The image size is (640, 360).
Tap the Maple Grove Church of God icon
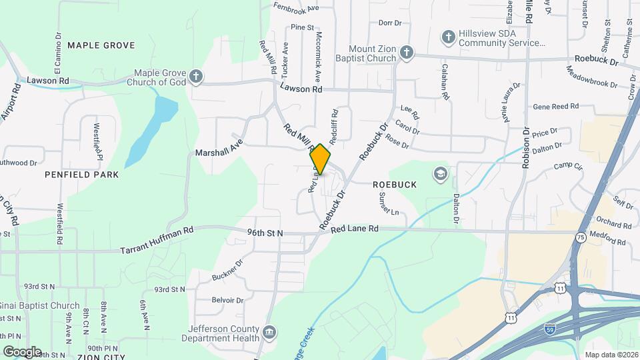coord(195,76)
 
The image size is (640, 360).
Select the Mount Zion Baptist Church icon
coord(406,53)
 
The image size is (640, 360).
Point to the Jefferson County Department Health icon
coord(269,332)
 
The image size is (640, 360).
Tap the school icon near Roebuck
coord(439,173)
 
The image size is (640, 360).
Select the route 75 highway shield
coord(582,237)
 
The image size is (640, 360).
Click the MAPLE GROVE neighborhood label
coord(101,45)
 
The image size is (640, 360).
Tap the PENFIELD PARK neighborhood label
coord(82,175)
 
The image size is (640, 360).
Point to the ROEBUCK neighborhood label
coord(395,185)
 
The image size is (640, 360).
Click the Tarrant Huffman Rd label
coord(157,240)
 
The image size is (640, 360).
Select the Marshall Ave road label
coord(217,148)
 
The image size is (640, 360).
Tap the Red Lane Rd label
coord(354,228)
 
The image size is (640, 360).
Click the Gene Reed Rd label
coord(555,107)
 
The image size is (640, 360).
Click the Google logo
coord(22,351)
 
